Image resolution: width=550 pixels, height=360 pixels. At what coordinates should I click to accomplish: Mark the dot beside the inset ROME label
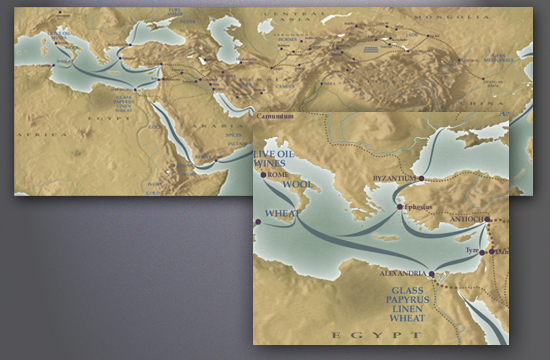point(264,175)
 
